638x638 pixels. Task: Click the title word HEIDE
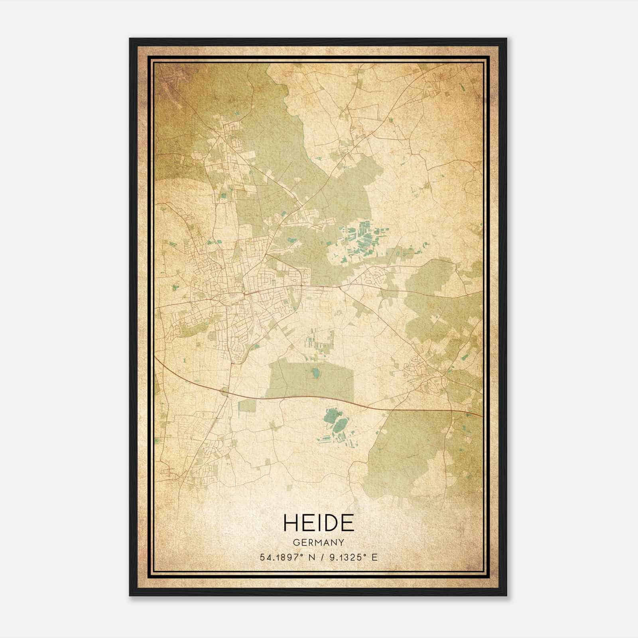click(x=319, y=523)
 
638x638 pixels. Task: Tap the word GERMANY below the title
click(x=319, y=543)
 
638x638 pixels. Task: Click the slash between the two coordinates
click(x=322, y=557)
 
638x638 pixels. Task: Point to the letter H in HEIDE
click(x=290, y=523)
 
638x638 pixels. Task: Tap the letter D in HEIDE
click(x=330, y=523)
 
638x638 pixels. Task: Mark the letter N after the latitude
click(x=311, y=557)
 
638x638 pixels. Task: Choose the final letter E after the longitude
click(x=374, y=557)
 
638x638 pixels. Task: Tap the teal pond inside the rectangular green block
click(x=315, y=373)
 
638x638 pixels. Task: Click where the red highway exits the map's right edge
click(x=481, y=415)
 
